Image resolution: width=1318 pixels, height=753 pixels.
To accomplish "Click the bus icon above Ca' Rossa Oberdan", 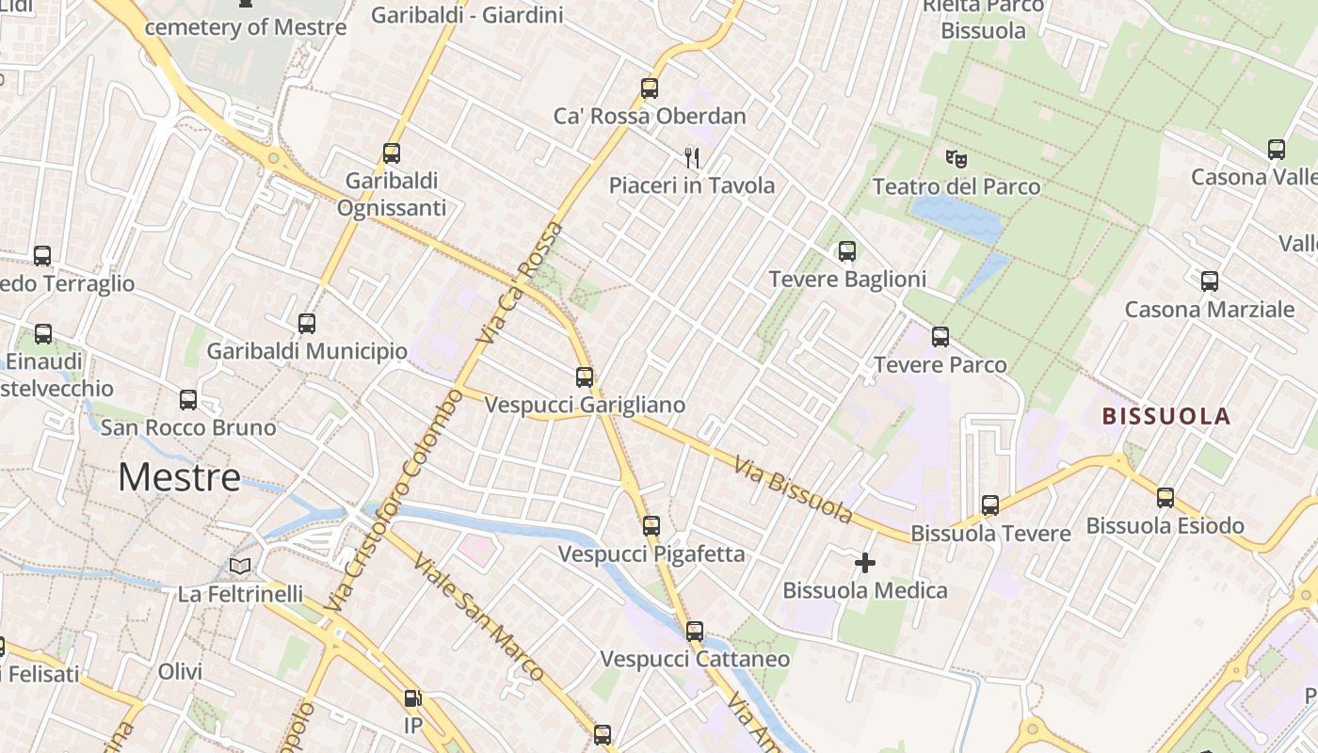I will [649, 88].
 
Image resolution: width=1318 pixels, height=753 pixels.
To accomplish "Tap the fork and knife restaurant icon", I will [692, 156].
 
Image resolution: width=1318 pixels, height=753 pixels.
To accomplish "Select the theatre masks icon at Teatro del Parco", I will [956, 158].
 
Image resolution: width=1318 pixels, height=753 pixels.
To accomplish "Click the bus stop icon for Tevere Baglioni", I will [846, 251].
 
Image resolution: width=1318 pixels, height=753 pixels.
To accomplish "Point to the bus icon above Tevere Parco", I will [940, 337].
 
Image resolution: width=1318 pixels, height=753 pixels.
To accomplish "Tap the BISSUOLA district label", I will [1166, 416].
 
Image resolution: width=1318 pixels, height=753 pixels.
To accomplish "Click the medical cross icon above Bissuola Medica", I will [864, 563].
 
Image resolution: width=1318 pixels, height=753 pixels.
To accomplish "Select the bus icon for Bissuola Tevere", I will [989, 505].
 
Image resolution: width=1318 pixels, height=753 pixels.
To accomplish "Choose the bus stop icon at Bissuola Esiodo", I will [1165, 498].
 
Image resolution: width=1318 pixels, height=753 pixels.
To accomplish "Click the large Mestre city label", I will [179, 477].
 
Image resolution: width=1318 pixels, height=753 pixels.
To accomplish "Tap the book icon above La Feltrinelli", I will [240, 566].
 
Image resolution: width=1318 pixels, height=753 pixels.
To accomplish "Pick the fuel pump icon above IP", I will [412, 698].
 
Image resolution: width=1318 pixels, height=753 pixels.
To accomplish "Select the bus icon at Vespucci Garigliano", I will [585, 377].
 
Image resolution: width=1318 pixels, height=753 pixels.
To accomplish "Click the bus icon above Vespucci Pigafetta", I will [651, 526].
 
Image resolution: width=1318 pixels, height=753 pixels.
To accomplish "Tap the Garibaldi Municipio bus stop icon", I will [307, 324].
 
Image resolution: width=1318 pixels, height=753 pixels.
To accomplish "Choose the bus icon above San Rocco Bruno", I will [188, 400].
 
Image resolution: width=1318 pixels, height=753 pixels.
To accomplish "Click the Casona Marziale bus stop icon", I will [1210, 281].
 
